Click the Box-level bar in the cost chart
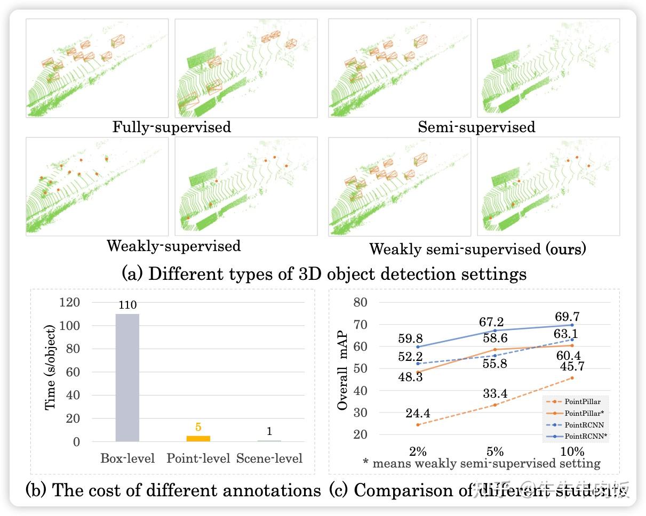[127, 377]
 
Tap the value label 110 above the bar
[127, 305]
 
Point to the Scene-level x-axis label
[269, 458]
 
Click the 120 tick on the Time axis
[69, 302]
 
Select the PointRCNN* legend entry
[586, 437]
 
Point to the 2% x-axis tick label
[418, 451]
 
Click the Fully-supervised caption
[171, 127]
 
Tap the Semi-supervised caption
[476, 127]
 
